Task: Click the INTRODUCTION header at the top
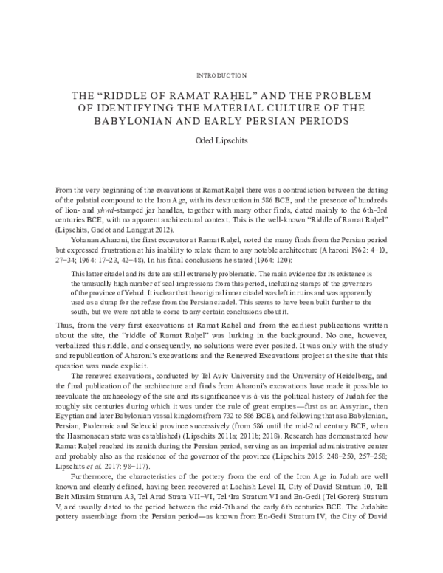[x=221, y=75]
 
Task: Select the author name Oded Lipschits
[x=221, y=140]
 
